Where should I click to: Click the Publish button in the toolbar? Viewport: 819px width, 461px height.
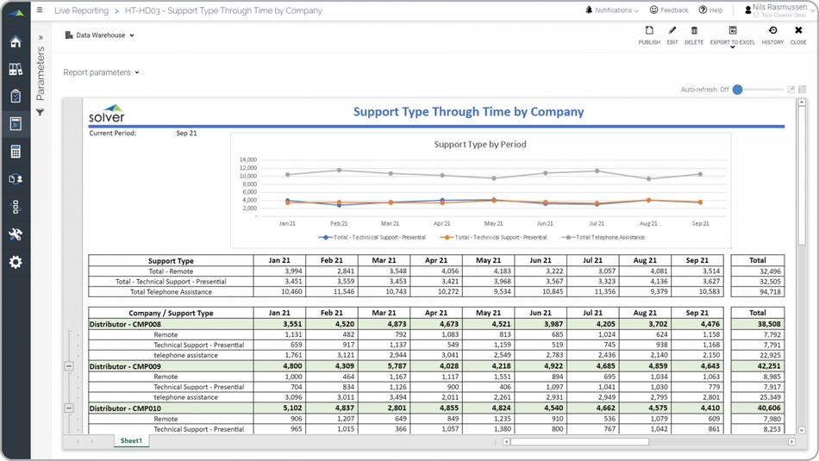click(x=649, y=34)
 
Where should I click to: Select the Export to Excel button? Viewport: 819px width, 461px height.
click(x=732, y=34)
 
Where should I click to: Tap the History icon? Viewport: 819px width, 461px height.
click(x=772, y=34)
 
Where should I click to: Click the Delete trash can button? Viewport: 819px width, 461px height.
click(x=694, y=34)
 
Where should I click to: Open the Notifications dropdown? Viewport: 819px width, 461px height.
click(x=612, y=10)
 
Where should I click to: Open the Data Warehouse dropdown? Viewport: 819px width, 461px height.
click(x=100, y=35)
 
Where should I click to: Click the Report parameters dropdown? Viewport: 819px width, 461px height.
click(x=101, y=72)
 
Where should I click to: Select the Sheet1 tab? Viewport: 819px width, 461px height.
click(x=131, y=440)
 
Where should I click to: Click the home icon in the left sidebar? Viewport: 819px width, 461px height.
click(x=16, y=42)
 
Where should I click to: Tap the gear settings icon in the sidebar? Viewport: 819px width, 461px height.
click(x=16, y=262)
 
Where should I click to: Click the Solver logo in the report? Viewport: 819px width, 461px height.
click(x=107, y=115)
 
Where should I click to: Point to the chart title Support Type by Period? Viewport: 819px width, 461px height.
click(x=479, y=145)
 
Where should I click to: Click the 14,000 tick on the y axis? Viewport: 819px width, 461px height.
click(x=248, y=160)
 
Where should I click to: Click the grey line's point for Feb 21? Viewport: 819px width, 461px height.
click(x=339, y=171)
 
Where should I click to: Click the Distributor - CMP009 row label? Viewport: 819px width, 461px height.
click(x=125, y=366)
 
